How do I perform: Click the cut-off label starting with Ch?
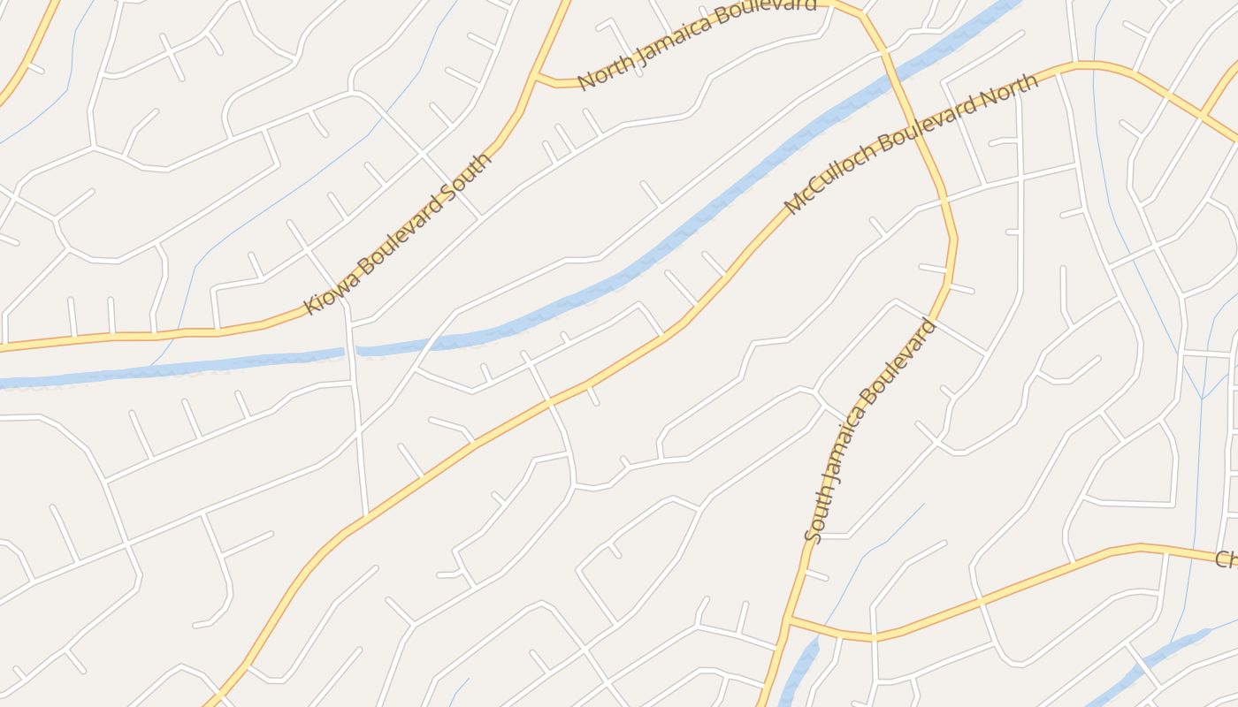1225,559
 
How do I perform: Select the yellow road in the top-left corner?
27,62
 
